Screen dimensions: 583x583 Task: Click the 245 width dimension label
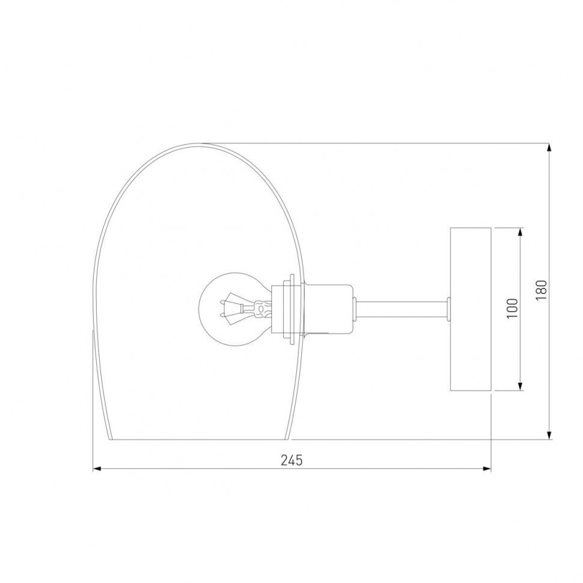(291, 460)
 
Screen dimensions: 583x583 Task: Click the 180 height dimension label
(542, 291)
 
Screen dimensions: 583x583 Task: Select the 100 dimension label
(512, 308)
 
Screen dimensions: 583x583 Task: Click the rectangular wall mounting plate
(471, 309)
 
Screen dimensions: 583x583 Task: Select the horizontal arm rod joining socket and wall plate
(402, 309)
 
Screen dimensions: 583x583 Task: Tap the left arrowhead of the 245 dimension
(97, 469)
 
